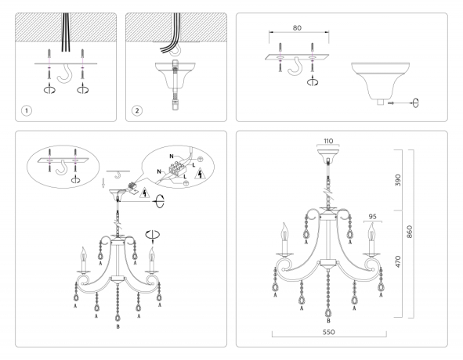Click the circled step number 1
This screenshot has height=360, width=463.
(27, 110)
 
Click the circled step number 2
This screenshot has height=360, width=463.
(138, 110)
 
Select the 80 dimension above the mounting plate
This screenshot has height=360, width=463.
(296, 28)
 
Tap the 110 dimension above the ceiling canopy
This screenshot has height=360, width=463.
(327, 142)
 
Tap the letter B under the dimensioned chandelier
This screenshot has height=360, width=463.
(328, 322)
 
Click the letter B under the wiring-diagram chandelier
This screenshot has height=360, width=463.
(118, 326)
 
